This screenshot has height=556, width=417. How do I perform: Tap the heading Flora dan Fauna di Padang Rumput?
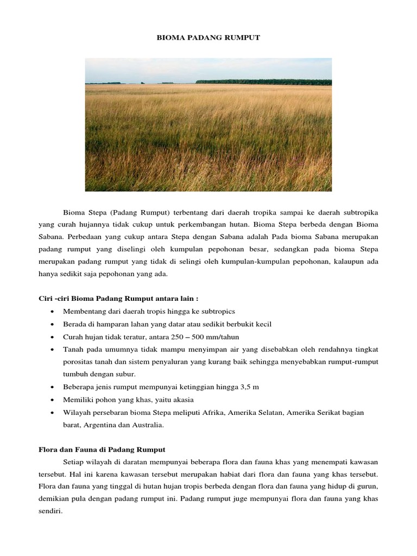click(x=102, y=450)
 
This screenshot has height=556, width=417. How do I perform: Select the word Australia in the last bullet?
click(x=144, y=426)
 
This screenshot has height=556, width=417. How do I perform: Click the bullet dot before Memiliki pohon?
click(x=51, y=400)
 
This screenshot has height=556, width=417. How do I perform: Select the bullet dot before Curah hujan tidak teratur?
click(x=51, y=337)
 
